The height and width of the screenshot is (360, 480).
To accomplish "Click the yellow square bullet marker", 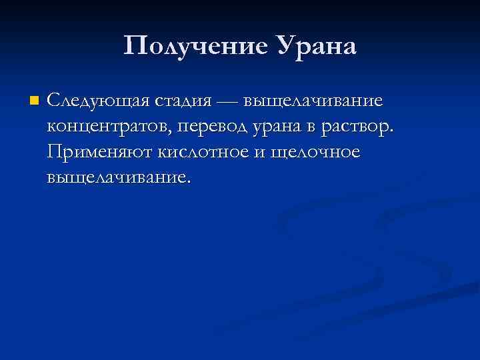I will coord(34,102).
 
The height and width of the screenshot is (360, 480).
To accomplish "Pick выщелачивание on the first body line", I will coord(313,102).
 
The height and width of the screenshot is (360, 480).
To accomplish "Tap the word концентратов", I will coord(109,127).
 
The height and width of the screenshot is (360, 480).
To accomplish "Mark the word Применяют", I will coord(101,153).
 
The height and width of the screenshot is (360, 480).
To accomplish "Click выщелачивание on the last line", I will coord(117,178).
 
